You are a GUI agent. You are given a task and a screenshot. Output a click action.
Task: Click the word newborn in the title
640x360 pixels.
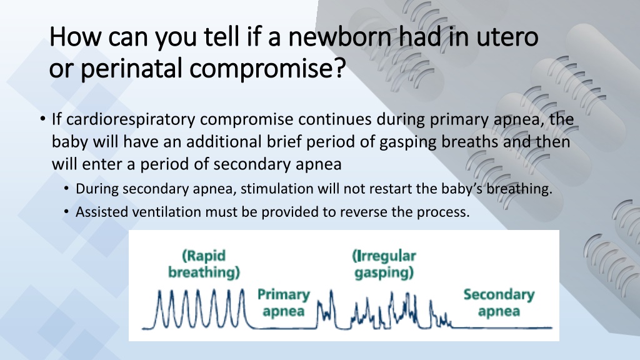pos(340,37)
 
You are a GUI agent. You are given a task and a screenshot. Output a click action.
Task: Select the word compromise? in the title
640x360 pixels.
pos(267,69)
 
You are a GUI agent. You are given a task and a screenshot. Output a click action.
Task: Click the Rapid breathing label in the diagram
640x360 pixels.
pos(204,264)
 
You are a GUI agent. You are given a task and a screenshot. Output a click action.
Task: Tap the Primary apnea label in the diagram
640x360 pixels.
pos(284,302)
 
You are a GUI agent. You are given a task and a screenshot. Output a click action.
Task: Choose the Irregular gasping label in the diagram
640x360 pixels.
pos(384,264)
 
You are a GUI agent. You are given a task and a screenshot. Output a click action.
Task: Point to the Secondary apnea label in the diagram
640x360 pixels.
pos(499,302)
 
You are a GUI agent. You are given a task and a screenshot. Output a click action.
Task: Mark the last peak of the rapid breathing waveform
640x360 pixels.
pos(243,290)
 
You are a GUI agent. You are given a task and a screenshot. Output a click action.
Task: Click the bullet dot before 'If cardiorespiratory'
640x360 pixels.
pos(43,119)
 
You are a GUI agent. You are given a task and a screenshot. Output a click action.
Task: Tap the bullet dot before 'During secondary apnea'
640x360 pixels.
pos(66,189)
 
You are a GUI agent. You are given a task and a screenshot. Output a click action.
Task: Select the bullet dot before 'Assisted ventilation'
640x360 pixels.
pos(66,212)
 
